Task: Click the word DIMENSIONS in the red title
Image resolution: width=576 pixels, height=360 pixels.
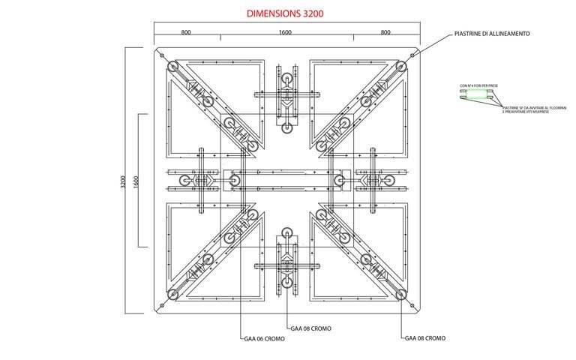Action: coord(271,13)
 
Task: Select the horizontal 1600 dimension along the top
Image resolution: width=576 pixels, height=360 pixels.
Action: coord(285,32)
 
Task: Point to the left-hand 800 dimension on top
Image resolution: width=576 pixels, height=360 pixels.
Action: coord(186,32)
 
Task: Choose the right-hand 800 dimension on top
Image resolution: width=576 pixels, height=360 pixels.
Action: coord(385,32)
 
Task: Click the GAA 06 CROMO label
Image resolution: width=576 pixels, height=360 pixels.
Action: coord(264,338)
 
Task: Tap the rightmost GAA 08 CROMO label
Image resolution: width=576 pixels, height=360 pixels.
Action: coord(425,338)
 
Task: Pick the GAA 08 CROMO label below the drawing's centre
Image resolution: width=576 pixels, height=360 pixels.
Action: coord(310,328)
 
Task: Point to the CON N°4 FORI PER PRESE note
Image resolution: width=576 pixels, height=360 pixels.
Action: coord(478,86)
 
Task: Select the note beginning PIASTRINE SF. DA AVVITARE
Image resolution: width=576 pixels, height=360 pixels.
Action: coord(526,109)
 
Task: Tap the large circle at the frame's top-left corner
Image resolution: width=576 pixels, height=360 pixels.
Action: coord(172,68)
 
